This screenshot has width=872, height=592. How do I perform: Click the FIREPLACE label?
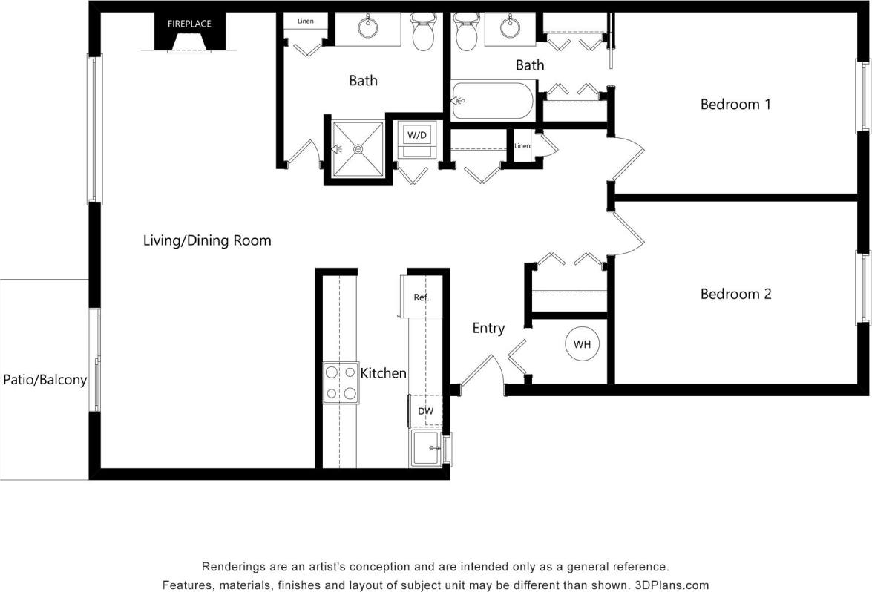tap(189, 24)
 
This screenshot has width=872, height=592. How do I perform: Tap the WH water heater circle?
tap(583, 344)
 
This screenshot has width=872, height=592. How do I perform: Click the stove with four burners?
tap(341, 383)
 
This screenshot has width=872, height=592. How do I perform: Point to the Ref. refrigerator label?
tap(422, 297)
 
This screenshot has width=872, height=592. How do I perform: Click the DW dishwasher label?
tap(425, 410)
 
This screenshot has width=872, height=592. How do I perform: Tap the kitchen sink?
tap(426, 448)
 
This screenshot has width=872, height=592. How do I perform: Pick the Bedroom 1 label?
tap(735, 105)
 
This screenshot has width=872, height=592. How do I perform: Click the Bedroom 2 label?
tap(735, 295)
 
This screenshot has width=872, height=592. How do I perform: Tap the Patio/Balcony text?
tap(45, 380)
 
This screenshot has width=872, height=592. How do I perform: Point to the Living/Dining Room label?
tap(207, 240)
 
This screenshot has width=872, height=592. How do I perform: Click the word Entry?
tap(488, 328)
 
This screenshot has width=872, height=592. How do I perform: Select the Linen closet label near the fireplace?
tap(306, 22)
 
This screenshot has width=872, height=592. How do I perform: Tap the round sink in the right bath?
tap(510, 28)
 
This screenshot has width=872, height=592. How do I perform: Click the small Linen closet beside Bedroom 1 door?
tap(522, 145)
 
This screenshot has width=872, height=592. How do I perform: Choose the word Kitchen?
tap(383, 373)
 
